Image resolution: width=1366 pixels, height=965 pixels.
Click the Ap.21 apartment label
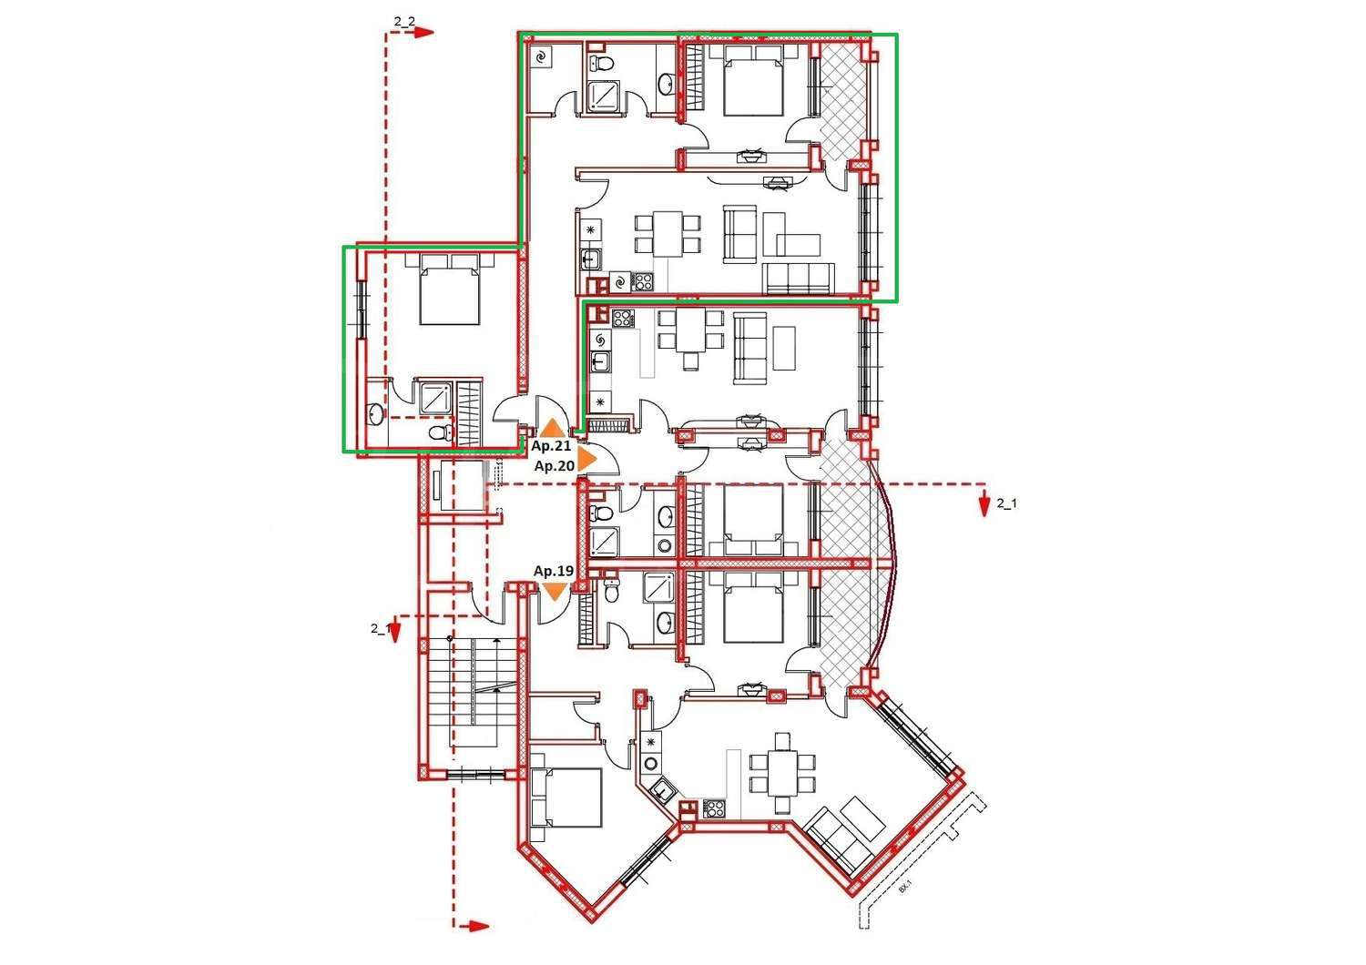click(551, 445)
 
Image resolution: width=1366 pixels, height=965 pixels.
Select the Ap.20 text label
click(554, 466)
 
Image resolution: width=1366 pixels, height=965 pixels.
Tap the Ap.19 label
click(553, 571)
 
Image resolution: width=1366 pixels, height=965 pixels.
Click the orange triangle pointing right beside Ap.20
click(586, 460)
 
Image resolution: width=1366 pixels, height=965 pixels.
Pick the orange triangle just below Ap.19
click(555, 591)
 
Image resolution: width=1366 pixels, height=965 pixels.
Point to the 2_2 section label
click(404, 21)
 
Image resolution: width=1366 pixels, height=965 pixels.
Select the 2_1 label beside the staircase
click(381, 628)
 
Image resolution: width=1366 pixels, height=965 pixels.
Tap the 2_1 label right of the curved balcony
click(1006, 503)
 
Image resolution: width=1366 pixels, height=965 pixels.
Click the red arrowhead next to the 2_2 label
click(424, 33)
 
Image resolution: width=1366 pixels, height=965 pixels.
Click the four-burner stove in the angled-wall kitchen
click(714, 808)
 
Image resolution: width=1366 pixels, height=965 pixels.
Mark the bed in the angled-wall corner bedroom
click(566, 797)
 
